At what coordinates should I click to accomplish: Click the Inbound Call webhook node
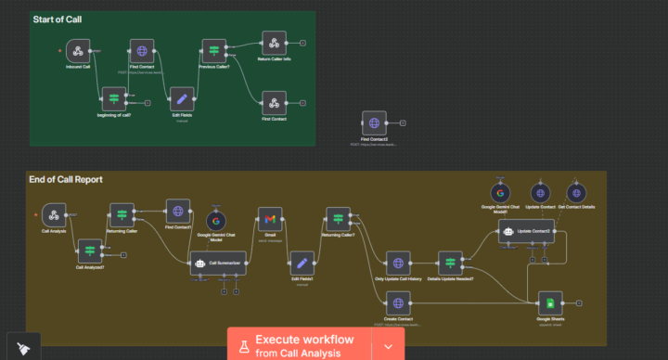(77, 51)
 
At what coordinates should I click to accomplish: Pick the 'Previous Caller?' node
(214, 51)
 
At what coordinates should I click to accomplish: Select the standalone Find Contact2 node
(374, 122)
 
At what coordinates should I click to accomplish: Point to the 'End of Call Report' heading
(65, 179)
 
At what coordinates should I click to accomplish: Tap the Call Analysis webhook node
(54, 216)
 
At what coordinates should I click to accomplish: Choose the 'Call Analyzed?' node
(89, 251)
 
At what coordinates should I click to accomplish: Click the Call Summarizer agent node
(218, 264)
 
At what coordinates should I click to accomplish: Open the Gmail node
(269, 219)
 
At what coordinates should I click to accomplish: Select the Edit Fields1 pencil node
(302, 264)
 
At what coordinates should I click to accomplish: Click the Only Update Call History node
(397, 264)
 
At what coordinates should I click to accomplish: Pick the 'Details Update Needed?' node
(449, 264)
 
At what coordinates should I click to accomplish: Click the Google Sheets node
(550, 303)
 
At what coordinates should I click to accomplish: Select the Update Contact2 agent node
(526, 232)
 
